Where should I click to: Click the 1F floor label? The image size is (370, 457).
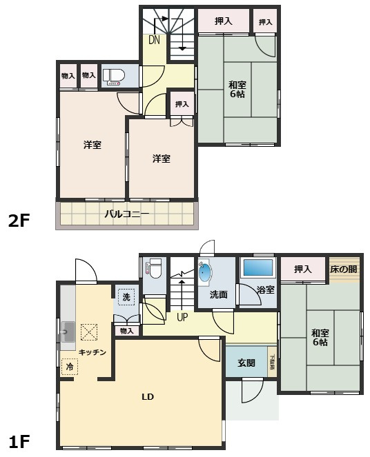tap(19, 440)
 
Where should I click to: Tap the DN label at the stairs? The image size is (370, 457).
tap(154, 40)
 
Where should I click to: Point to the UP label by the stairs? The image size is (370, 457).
tap(182, 318)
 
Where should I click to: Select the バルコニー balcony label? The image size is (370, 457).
tap(127, 214)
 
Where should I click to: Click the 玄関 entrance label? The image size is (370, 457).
tap(246, 363)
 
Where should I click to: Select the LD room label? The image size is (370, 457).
tap(147, 397)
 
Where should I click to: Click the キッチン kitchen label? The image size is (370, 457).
tap(92, 352)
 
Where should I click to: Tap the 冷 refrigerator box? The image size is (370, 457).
tap(70, 367)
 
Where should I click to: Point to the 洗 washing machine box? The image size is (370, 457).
tap(126, 296)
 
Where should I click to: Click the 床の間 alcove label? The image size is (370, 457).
tap(343, 268)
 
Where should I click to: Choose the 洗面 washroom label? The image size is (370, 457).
tap(218, 294)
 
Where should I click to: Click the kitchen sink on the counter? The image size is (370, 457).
tap(67, 334)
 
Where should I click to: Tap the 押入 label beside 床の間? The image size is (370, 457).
tap(302, 268)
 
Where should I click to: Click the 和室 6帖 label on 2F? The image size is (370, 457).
tap(237, 90)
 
